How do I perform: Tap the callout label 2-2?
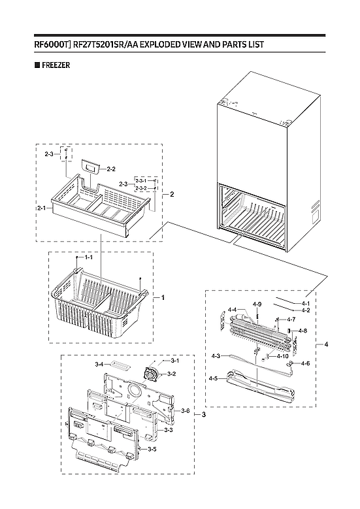111,169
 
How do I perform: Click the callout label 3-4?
99,364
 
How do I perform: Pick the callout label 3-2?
172,374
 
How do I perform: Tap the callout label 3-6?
185,411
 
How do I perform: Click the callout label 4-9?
257,304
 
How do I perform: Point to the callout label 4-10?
284,356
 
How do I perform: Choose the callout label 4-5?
213,378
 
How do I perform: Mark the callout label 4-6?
305,363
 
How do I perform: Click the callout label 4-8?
303,331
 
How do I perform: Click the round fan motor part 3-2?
154,373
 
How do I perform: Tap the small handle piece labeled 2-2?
91,168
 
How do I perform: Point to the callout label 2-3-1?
141,180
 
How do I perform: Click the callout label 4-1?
306,304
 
